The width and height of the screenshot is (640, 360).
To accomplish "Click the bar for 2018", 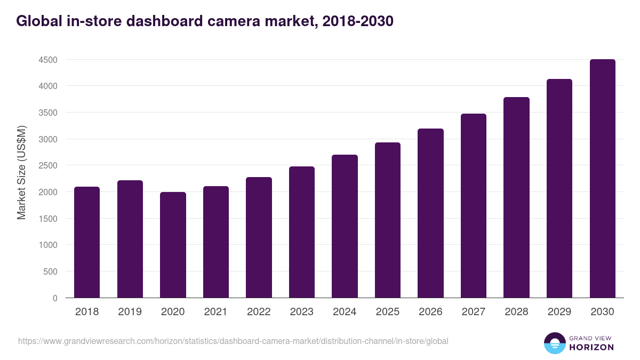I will [x=87, y=242].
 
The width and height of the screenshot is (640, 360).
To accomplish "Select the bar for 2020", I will [x=173, y=245].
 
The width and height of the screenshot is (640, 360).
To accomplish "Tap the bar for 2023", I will [x=302, y=232].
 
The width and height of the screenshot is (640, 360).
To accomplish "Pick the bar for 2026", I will [x=430, y=213].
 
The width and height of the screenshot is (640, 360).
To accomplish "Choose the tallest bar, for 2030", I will [x=602, y=179].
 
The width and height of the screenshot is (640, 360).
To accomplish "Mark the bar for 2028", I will [x=516, y=197].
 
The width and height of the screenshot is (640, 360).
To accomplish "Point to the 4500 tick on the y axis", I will [x=48, y=60].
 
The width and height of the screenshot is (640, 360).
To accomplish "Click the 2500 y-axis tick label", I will [x=48, y=166].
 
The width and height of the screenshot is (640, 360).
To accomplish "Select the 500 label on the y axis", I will [x=50, y=271].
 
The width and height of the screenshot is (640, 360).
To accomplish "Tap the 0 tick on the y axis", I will [x=55, y=298].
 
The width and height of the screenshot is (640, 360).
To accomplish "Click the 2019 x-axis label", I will [x=130, y=312].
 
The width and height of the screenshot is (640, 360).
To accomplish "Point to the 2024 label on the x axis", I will [x=345, y=312].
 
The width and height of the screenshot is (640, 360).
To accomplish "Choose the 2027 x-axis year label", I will [x=473, y=312].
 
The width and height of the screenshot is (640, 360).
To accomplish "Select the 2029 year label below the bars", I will [x=559, y=312].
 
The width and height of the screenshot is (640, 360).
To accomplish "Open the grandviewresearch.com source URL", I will [x=233, y=341].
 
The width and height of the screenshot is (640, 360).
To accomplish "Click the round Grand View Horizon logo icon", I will [x=554, y=343].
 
